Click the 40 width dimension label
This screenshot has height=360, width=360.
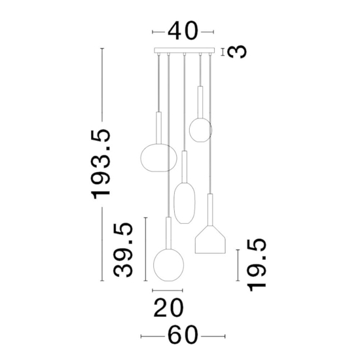[183, 31]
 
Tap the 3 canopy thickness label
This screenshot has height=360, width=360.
[237, 52]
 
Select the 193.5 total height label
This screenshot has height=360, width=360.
[101, 164]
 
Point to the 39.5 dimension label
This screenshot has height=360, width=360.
[123, 250]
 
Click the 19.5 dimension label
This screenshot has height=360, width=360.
[257, 264]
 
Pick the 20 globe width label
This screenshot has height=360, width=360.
[169, 308]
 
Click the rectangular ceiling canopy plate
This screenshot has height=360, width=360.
[185, 50]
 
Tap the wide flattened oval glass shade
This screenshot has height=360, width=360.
[158, 157]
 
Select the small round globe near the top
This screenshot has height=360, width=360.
[200, 130]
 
